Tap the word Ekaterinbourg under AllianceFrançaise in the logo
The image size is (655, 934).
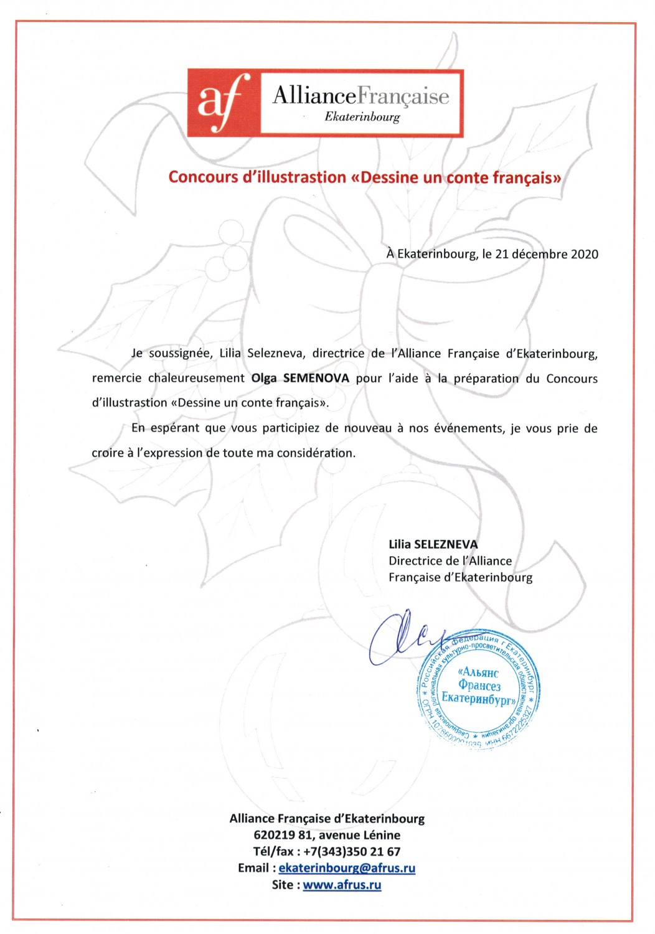[362, 117]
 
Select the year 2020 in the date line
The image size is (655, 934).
[585, 254]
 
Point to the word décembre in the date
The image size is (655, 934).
[539, 254]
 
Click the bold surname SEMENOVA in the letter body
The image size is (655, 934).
[316, 378]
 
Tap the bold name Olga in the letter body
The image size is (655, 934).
[264, 378]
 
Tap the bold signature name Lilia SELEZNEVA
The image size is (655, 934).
[433, 544]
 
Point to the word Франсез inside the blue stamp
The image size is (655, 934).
[479, 686]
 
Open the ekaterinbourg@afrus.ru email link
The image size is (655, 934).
[347, 868]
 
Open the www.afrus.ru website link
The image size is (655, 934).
[342, 885]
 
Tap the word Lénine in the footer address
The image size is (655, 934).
[382, 835]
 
